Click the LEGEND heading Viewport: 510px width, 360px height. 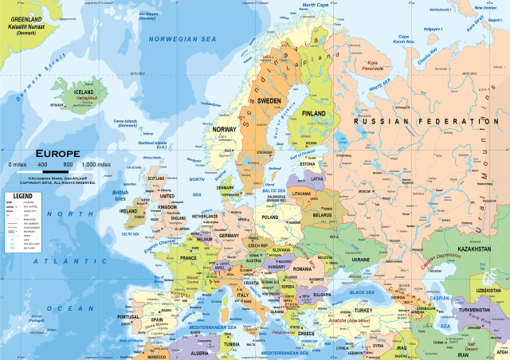tap(22, 195)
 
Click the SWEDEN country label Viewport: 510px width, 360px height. tap(269, 101)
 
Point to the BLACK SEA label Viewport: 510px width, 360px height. tap(363, 293)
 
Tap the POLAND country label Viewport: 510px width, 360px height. tap(271, 217)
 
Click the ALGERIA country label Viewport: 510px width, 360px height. tap(198, 353)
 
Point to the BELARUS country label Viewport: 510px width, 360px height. tap(321, 215)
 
